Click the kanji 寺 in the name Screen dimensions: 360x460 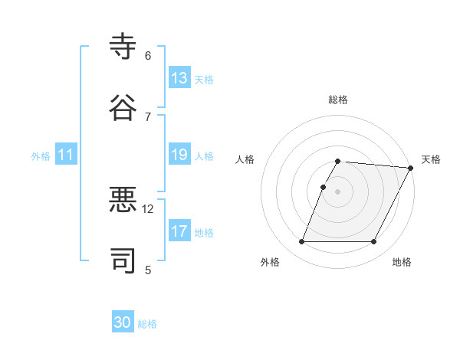pos(123,47)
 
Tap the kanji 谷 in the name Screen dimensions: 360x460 pos(123,107)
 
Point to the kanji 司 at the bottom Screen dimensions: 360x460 pos(123,261)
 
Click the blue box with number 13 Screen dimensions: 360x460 pos(179,78)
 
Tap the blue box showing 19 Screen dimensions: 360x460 pos(179,155)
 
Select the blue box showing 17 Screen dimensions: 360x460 pos(179,231)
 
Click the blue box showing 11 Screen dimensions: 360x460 pos(66,155)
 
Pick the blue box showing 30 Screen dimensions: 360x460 pos(123,322)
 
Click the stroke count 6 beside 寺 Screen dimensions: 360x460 pos(148,56)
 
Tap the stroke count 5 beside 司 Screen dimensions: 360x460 pos(148,270)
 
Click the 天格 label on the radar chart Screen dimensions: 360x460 pos(431,159)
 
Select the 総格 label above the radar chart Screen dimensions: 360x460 pos(338,100)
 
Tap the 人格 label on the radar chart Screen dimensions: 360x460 pos(245,159)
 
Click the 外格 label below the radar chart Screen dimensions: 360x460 pos(270,262)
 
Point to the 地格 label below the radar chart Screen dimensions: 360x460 pos(402,262)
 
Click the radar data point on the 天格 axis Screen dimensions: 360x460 pos(410,168)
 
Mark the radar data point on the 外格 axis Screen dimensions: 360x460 pos(301,242)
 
